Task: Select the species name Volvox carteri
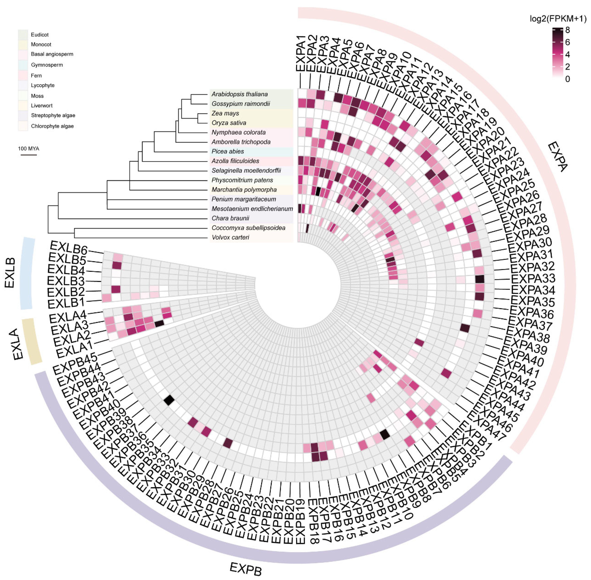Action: click(230, 237)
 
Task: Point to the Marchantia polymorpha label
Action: click(244, 190)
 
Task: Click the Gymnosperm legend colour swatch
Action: click(23, 65)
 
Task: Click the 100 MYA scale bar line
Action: click(29, 155)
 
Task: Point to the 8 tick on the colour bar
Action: click(567, 30)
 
